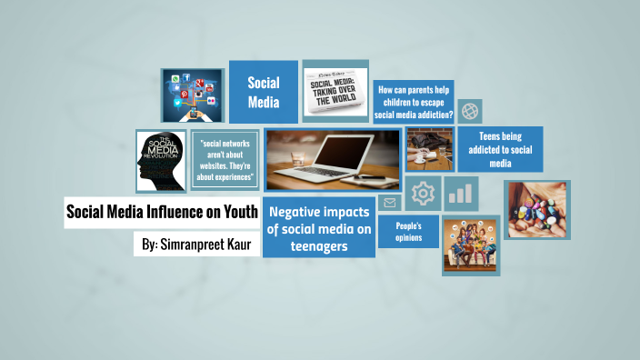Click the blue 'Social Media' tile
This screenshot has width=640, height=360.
263,92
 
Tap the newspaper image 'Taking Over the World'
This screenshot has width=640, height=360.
335,91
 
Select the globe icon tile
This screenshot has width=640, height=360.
470,112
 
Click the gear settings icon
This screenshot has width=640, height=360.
423,194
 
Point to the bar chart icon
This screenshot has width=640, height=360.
461,194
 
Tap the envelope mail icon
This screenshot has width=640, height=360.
390,203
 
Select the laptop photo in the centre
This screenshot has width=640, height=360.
333,160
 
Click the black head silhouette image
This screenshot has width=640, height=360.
161,161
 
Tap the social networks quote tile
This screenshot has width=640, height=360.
225,160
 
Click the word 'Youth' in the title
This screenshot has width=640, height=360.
235,213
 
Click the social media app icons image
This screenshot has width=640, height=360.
192,95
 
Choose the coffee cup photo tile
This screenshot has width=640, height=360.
429,148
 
